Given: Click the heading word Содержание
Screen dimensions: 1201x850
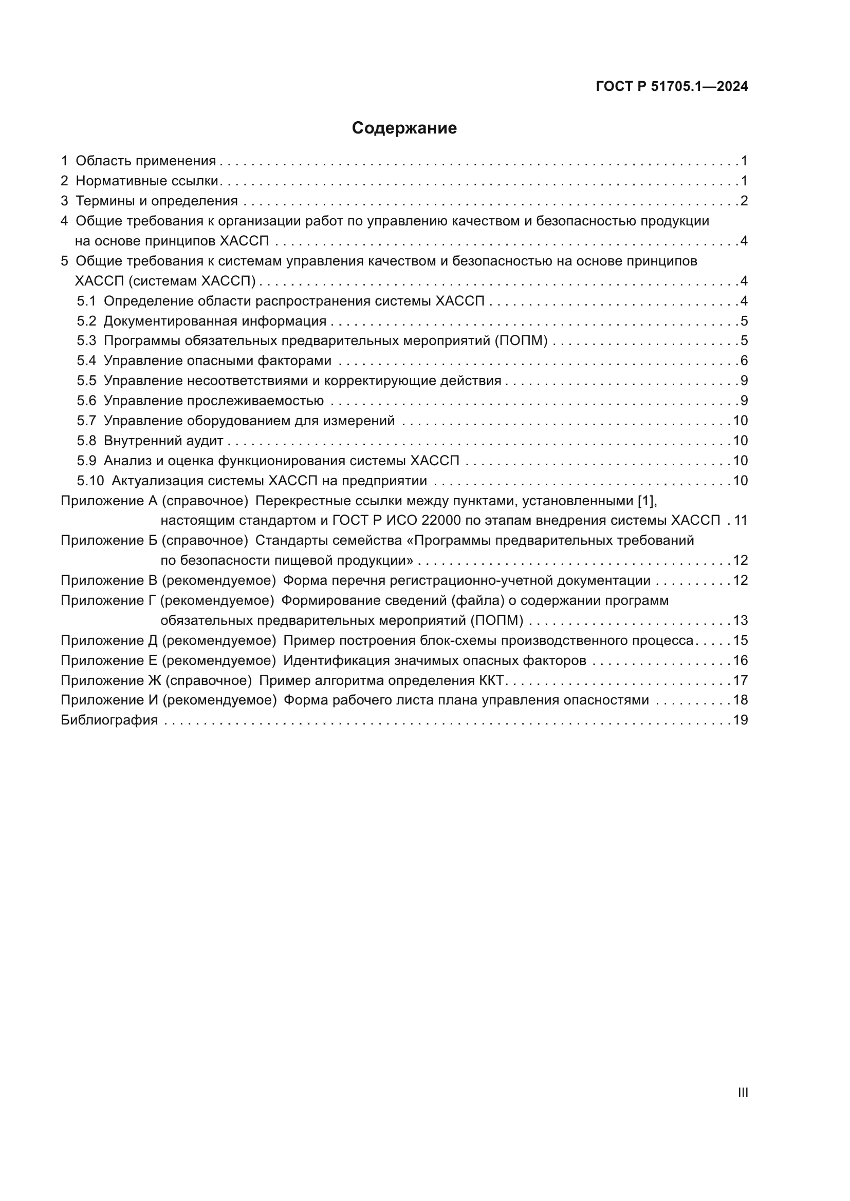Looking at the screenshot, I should pos(404,128).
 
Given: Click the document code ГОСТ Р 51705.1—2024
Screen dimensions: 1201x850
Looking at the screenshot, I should pos(672,87).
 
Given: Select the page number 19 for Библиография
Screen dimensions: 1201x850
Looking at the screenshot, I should pos(740,720).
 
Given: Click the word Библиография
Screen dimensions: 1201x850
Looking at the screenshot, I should pos(109,720).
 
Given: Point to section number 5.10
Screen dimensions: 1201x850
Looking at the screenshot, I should pos(90,481).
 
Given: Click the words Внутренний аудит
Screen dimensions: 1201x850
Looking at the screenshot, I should pos(163,441).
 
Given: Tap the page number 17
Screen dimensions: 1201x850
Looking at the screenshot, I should pos(740,680).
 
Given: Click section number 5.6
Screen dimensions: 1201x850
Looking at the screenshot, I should pos(86,401).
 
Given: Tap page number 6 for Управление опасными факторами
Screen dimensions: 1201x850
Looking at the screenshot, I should pos(744,361).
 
